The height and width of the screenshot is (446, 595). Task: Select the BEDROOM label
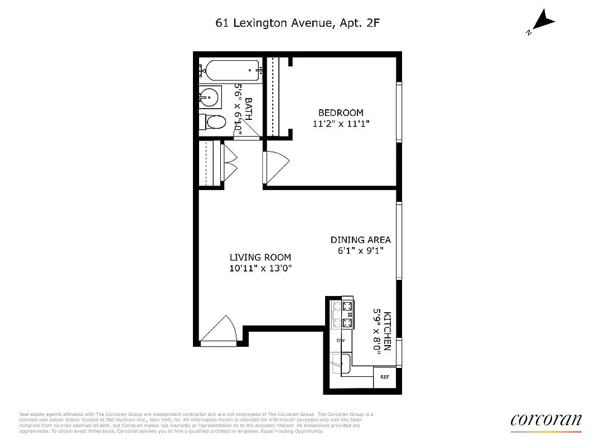point(341,113)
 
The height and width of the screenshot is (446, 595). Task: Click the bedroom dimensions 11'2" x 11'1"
point(341,124)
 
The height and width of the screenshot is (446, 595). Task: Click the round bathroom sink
point(210,97)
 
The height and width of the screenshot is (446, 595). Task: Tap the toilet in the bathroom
point(213,122)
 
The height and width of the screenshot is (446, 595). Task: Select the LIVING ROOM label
point(260,257)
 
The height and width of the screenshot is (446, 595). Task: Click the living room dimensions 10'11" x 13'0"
point(260,268)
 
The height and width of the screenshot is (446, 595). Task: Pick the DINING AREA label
point(361,240)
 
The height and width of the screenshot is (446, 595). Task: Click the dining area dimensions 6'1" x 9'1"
point(361,251)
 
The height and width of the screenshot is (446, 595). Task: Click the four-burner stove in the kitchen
point(342,315)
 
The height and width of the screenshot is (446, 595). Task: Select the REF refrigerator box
point(384,377)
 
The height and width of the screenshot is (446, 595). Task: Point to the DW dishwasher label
point(340,340)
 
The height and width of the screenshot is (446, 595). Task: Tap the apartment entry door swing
point(217,331)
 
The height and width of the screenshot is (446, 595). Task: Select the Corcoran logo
point(545,421)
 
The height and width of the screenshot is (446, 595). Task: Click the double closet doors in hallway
point(230,162)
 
